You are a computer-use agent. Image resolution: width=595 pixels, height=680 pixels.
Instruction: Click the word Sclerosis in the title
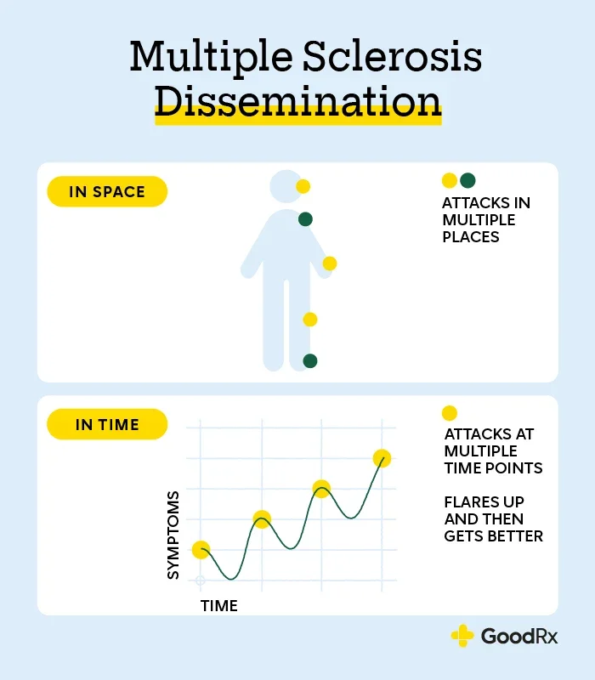(x=392, y=56)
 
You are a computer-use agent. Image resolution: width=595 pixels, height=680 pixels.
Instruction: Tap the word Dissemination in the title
(x=298, y=102)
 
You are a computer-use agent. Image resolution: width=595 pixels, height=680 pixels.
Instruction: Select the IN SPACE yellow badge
(x=107, y=191)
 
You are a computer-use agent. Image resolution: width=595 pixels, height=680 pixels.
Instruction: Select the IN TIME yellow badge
(x=107, y=424)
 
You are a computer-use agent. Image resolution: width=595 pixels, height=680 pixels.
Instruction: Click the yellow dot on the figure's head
(x=303, y=186)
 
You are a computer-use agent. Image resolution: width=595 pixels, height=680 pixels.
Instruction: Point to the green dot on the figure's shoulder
(x=305, y=219)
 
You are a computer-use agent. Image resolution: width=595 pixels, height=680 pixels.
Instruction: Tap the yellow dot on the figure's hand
(x=330, y=263)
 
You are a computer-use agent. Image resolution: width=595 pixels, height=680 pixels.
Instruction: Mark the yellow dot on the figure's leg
(x=309, y=320)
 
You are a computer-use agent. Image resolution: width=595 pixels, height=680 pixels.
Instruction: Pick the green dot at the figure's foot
(x=310, y=360)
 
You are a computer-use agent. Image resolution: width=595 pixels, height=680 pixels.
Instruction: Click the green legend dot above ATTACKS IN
(x=467, y=180)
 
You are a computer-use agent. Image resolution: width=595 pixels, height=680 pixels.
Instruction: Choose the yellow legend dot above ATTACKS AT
(x=450, y=413)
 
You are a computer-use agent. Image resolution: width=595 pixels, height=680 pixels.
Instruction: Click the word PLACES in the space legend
(x=471, y=237)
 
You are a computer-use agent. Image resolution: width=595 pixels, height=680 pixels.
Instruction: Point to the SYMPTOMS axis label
(x=173, y=535)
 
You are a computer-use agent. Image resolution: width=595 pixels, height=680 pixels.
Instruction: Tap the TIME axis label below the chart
(x=219, y=606)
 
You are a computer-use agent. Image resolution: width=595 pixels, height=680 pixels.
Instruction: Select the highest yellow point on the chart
(x=382, y=458)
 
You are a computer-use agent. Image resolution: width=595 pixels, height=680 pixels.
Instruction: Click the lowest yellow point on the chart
(x=201, y=550)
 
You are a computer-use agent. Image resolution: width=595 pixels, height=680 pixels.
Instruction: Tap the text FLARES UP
(x=484, y=501)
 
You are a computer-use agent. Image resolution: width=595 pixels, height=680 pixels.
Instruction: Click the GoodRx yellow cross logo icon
(x=462, y=636)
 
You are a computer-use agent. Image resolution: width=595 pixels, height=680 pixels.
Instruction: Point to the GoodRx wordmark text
(x=519, y=636)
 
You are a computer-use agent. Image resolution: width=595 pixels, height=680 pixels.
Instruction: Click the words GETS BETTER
(x=494, y=536)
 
